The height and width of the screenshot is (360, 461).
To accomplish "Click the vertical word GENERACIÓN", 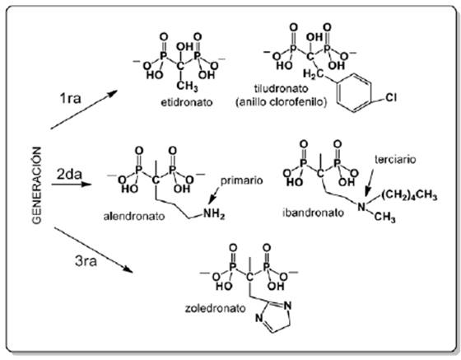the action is pos(37,185).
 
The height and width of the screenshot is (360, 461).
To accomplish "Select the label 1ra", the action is pos(70,98).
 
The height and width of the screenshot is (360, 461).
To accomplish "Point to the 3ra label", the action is pos(86,261).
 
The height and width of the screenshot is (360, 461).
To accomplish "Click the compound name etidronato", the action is pos(187,102).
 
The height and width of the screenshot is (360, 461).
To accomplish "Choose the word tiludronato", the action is pos(281,88).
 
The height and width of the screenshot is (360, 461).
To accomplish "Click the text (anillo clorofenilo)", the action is pos(282,102).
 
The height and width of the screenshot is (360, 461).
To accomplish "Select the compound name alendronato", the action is pos(134,217).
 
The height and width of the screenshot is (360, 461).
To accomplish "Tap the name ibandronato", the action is pos(313,213).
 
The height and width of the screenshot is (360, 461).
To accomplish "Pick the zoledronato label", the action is pos(215,309).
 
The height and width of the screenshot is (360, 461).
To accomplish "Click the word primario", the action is pos(242,180).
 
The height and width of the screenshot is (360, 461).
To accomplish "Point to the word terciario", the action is pos(395,160).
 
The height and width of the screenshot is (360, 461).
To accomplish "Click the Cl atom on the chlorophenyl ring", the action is pos(391,97).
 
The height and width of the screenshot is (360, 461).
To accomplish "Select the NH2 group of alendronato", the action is pos(214,214).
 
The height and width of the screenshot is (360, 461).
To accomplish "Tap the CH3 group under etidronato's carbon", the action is pos(187,86).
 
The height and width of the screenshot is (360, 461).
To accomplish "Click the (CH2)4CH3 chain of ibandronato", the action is pos(409,195).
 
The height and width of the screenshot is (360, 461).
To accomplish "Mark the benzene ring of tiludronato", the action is pos(354,92).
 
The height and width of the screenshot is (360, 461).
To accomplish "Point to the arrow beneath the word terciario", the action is pos(370,182).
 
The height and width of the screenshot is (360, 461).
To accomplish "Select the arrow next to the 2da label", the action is pos(72,185).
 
